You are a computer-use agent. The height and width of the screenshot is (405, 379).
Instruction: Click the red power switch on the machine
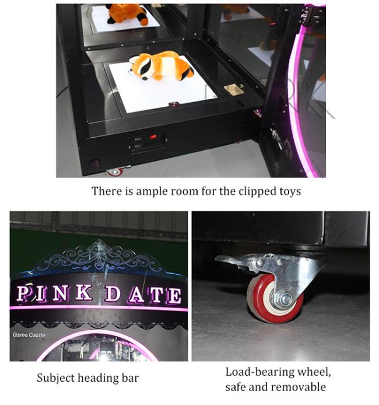pyautogui.click(x=153, y=137)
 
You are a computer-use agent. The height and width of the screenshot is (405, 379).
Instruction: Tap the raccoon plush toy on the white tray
pyautogui.click(x=162, y=65)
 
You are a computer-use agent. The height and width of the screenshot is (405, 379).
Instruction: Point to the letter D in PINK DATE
pyautogui.click(x=113, y=294)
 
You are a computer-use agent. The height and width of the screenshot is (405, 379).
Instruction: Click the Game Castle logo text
pyautogui.click(x=29, y=335)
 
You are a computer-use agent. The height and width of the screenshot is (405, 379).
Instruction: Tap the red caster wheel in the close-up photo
pyautogui.click(x=273, y=298)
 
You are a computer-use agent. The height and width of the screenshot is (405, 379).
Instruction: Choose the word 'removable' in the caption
pyautogui.click(x=299, y=387)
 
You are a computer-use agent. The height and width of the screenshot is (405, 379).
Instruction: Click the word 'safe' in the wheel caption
pyautogui.click(x=234, y=387)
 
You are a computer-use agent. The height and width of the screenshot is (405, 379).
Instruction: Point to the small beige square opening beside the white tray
pyautogui.click(x=233, y=89)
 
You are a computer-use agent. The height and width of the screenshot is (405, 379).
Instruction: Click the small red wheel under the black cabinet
pyautogui.click(x=115, y=172)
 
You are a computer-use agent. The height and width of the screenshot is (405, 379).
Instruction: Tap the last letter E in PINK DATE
pyautogui.click(x=174, y=295)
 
